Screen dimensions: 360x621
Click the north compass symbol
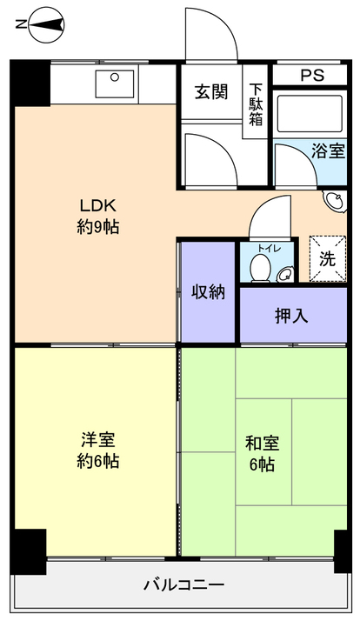click(47, 24)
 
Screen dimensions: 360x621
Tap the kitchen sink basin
click(115, 83)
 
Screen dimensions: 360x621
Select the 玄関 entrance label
click(211, 92)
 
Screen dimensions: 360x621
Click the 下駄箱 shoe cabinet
click(255, 102)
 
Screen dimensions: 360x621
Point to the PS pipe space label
click(312, 76)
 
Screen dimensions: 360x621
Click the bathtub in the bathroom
click(310, 114)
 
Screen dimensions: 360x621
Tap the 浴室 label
click(328, 150)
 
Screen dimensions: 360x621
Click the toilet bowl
click(260, 268)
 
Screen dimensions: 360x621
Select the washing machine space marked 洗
click(328, 259)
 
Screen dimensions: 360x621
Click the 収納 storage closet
click(209, 292)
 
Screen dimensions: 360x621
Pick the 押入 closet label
click(291, 316)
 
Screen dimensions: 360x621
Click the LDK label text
click(97, 205)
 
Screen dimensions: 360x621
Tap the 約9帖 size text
click(97, 227)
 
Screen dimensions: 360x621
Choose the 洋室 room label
click(97, 439)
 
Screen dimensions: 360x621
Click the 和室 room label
click(263, 443)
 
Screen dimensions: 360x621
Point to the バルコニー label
click(183, 584)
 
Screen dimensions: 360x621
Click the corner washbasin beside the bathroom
click(335, 201)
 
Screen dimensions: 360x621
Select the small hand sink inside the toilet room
click(284, 275)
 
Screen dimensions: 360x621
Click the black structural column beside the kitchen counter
click(30, 83)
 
